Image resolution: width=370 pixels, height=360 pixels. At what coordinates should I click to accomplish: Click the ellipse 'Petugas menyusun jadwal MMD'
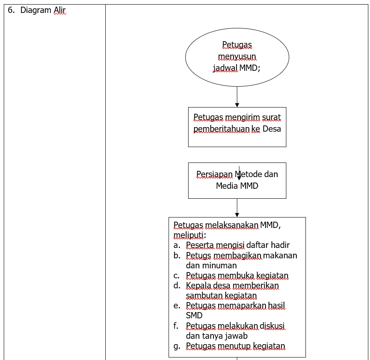pyautogui.click(x=237, y=56)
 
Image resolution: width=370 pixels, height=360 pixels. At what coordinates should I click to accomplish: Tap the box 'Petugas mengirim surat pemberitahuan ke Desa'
pyautogui.click(x=237, y=127)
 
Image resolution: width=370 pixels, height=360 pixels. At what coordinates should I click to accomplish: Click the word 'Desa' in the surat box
pyautogui.click(x=272, y=129)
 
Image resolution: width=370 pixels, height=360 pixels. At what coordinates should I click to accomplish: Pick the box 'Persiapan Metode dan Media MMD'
pyautogui.click(x=237, y=180)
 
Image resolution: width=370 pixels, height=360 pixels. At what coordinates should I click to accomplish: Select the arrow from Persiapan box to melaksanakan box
pyautogui.click(x=237, y=207)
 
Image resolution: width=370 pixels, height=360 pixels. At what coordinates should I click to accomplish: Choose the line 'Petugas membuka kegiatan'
pyautogui.click(x=237, y=275)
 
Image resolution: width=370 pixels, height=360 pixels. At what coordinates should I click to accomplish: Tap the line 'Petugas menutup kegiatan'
pyautogui.click(x=235, y=346)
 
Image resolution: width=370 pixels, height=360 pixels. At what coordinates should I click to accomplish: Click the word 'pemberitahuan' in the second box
pyautogui.click(x=221, y=129)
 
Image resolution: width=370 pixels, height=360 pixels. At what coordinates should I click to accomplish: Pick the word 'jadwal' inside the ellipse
pyautogui.click(x=225, y=68)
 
